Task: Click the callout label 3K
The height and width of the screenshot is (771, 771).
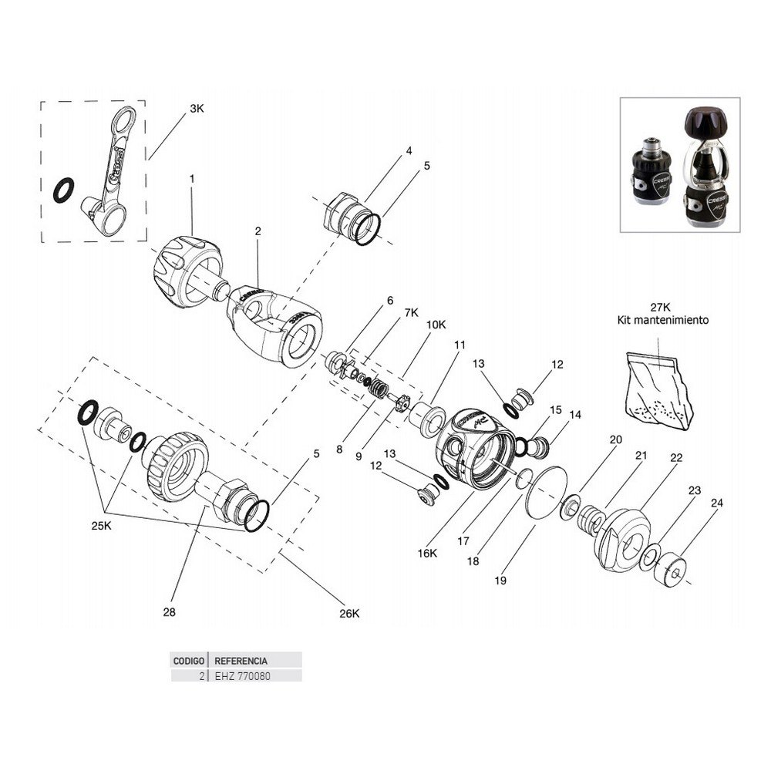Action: tap(197, 110)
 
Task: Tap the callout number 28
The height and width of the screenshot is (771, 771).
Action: tap(170, 613)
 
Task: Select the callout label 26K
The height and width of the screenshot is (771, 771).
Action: tap(349, 614)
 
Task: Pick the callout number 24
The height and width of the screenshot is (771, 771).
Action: tap(717, 503)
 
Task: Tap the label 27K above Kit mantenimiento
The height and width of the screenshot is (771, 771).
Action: tap(662, 306)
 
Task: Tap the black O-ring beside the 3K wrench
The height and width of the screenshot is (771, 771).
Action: tap(64, 190)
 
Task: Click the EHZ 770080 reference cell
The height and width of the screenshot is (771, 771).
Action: tap(242, 676)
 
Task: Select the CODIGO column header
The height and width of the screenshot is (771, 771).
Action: tap(188, 661)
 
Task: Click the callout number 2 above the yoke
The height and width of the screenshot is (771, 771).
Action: tap(258, 231)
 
